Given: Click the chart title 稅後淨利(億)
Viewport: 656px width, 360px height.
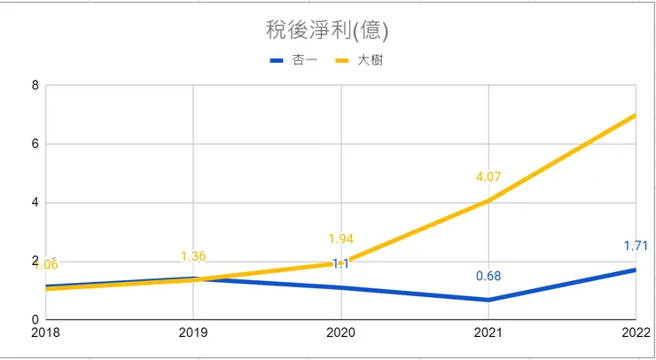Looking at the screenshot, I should pyautogui.click(x=327, y=31).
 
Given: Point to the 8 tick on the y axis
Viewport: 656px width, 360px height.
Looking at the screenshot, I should pyautogui.click(x=35, y=86).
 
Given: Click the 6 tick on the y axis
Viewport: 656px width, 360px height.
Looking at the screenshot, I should pyautogui.click(x=35, y=144).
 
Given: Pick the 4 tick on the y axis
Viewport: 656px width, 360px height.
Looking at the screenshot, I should pyautogui.click(x=35, y=202).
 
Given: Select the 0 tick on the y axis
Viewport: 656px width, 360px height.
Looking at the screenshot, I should pyautogui.click(x=35, y=319).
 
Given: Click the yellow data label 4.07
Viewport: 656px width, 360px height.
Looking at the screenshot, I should pyautogui.click(x=488, y=177).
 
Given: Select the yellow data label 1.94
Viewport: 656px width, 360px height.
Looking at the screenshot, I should pyautogui.click(x=341, y=239).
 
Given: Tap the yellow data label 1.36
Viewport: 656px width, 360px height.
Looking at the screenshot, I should pyautogui.click(x=193, y=256).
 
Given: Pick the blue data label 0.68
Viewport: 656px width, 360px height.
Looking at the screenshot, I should pyautogui.click(x=488, y=276).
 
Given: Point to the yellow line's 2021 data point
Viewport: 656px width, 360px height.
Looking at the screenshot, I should pyautogui.click(x=488, y=200).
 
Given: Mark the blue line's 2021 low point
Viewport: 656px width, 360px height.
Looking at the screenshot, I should pyautogui.click(x=488, y=300).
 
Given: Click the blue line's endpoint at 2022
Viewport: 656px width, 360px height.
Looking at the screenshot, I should pyautogui.click(x=635, y=270).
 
